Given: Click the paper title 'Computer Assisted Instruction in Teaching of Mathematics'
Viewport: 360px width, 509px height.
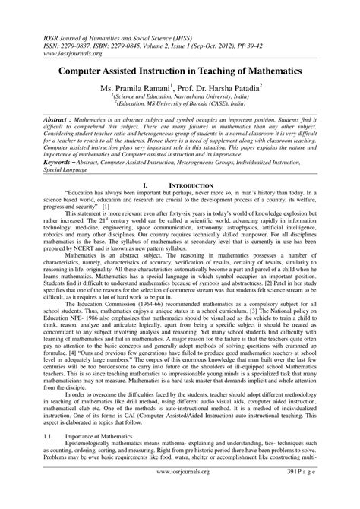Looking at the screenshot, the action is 179,70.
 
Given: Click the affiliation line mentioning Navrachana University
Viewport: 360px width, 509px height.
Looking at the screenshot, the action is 179,97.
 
